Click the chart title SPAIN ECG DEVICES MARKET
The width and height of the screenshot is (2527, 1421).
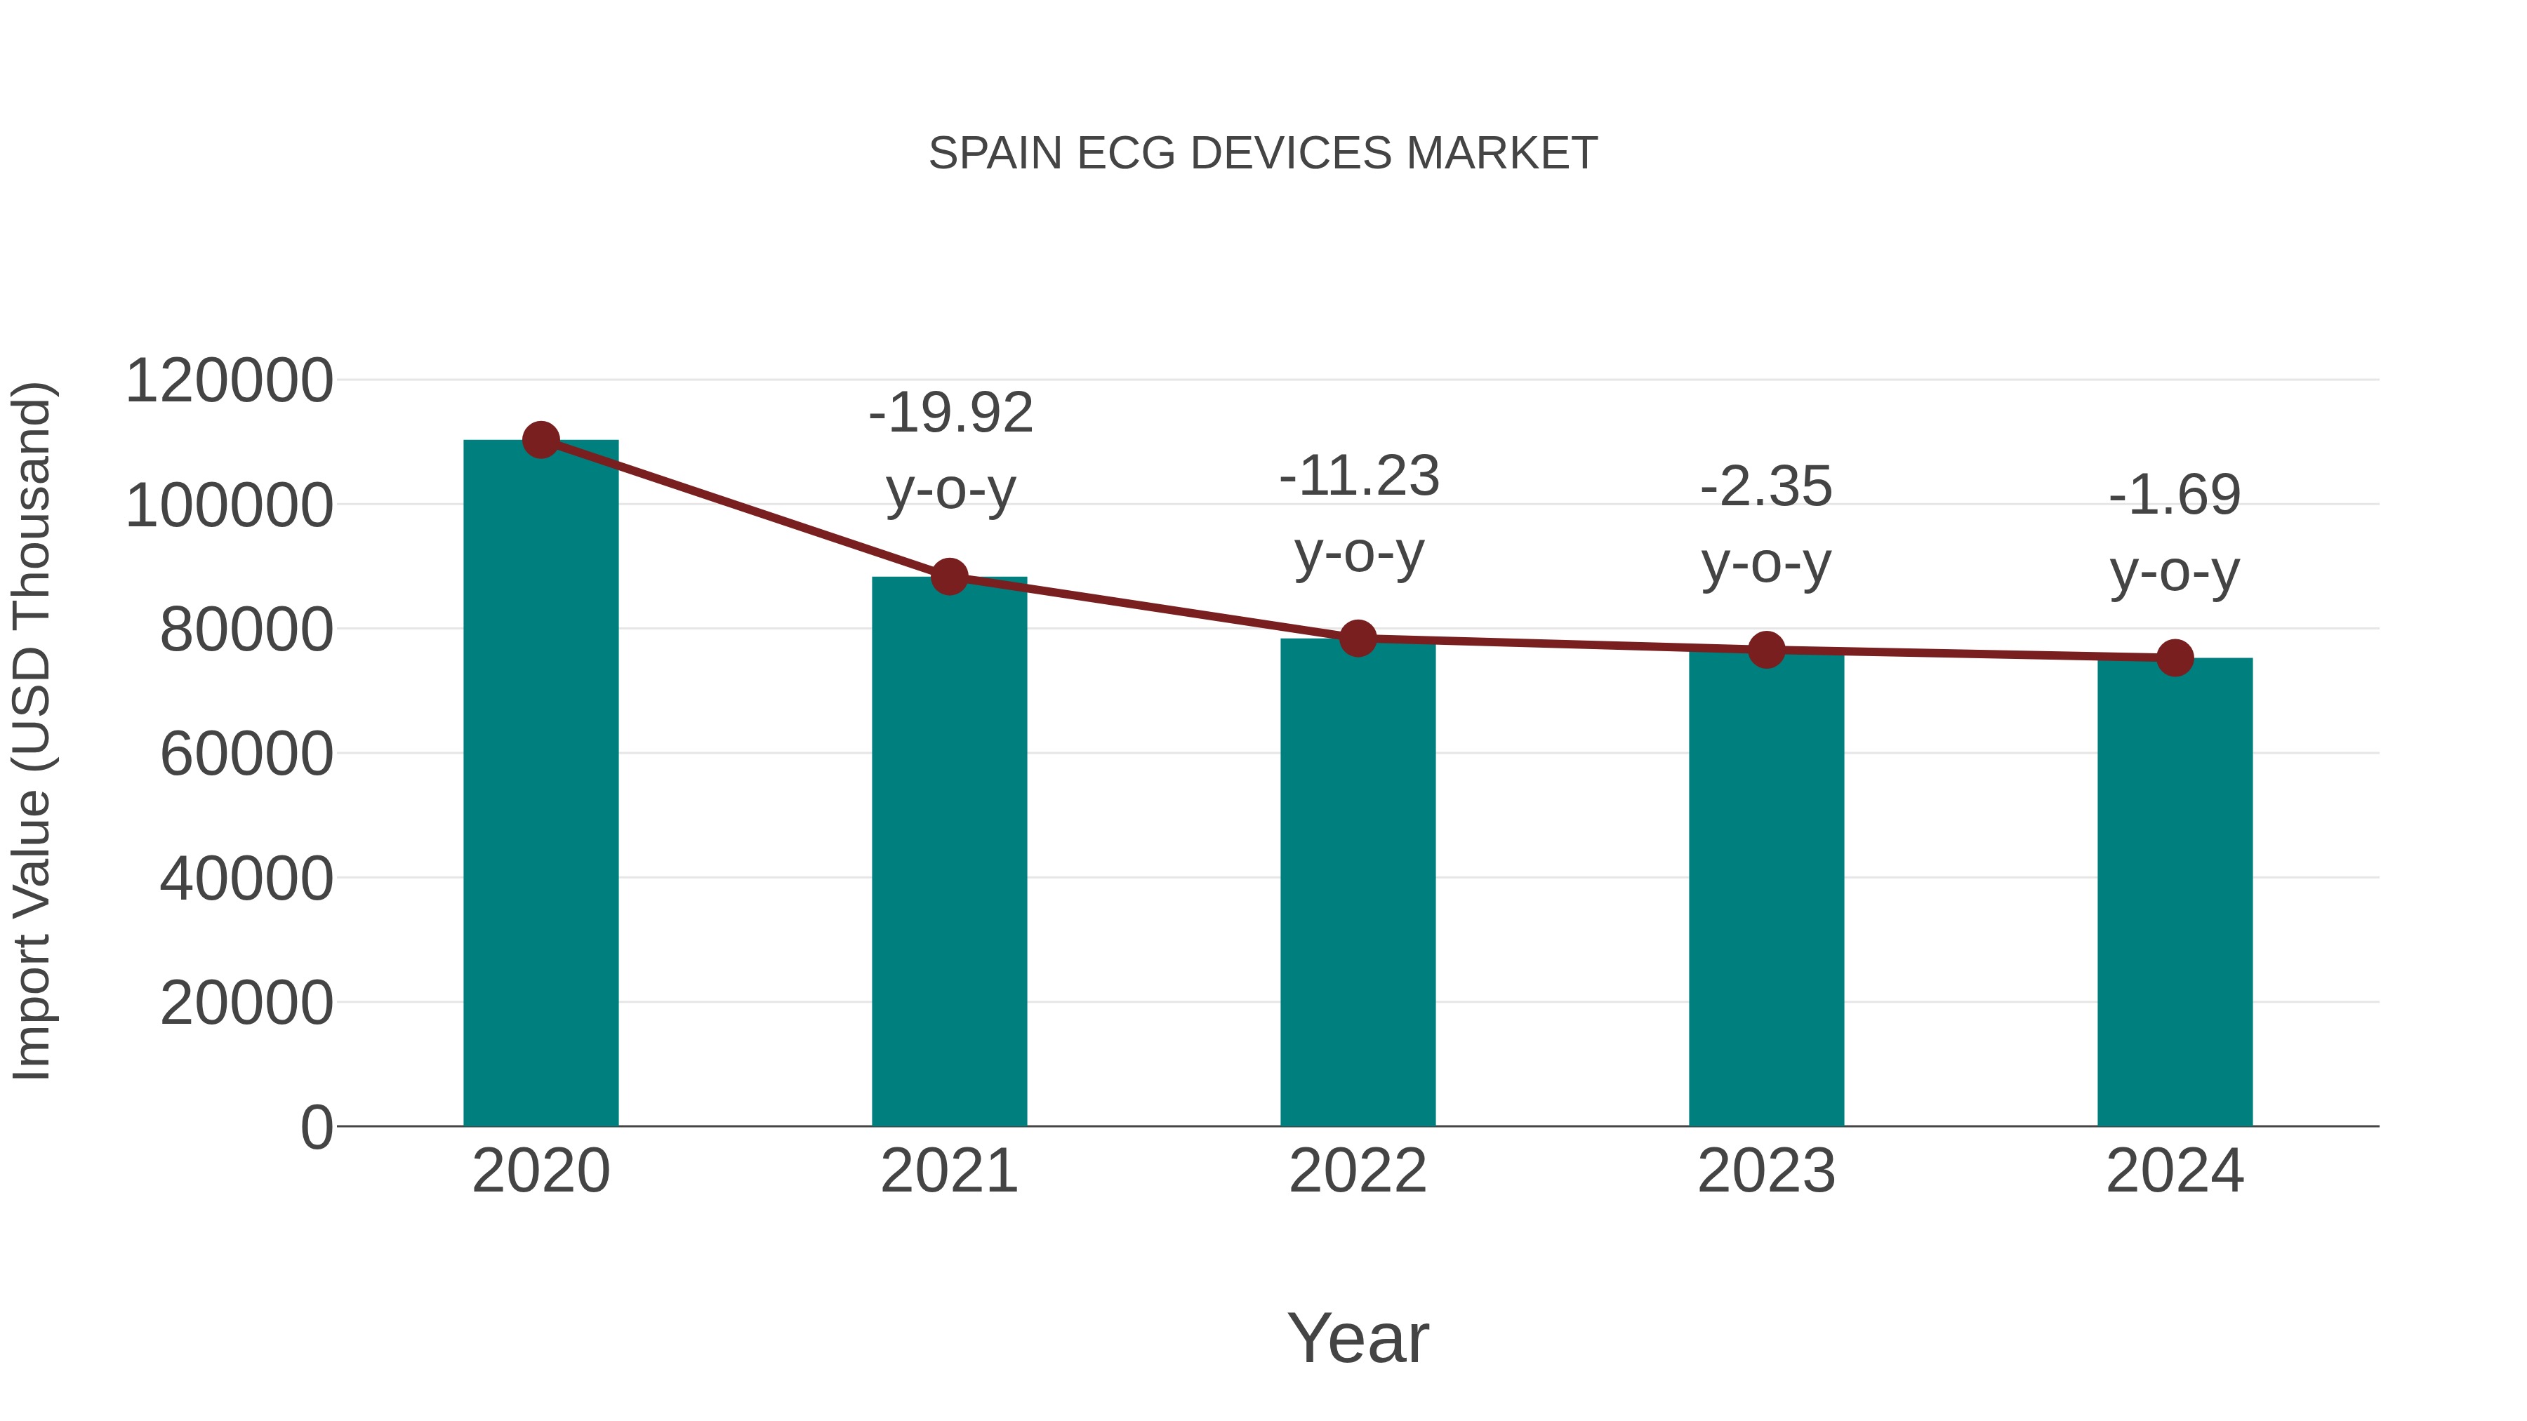1263,154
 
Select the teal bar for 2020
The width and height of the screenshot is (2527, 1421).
540,785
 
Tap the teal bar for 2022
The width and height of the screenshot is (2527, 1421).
1358,883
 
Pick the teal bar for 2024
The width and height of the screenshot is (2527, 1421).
2175,893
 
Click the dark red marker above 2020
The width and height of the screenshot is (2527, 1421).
540,440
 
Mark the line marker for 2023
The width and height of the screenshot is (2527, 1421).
1766,649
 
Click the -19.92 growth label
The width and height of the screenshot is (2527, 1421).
950,413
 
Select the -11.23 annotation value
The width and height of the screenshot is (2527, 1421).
1359,476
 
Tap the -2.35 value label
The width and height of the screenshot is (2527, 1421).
1766,488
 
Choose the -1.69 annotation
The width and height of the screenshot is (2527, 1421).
2175,495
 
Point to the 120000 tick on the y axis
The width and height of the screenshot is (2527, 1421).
230,380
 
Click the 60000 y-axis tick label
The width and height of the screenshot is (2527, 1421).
246,754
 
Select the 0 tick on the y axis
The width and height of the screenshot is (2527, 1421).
317,1127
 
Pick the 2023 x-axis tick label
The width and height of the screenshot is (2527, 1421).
1766,1171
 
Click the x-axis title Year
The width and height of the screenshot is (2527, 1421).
1358,1337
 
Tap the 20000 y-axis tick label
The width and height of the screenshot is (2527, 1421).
246,1003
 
